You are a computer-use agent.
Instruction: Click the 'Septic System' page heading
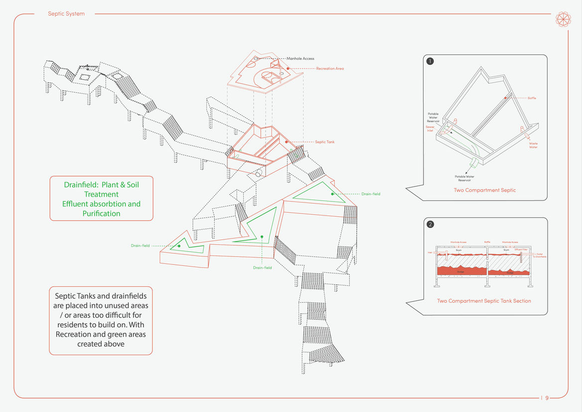[x=66, y=14]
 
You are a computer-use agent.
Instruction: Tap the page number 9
[x=547, y=398]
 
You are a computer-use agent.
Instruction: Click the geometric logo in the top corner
[x=563, y=19]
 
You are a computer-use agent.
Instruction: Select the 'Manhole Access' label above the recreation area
[x=300, y=59]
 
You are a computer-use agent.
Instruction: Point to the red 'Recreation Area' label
[x=330, y=68]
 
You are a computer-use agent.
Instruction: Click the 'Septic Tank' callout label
[x=325, y=142]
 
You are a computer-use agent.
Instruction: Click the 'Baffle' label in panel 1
[x=532, y=98]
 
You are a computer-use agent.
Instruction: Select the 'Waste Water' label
[x=533, y=145]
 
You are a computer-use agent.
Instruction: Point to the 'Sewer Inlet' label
[x=430, y=129]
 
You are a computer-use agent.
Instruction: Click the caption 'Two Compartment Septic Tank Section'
[x=484, y=301]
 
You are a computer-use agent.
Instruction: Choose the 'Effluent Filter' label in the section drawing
[x=521, y=249]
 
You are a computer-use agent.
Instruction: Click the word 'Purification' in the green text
[x=101, y=213]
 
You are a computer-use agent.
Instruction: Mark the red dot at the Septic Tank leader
[x=287, y=142]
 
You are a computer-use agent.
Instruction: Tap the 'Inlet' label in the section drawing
[x=431, y=252]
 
